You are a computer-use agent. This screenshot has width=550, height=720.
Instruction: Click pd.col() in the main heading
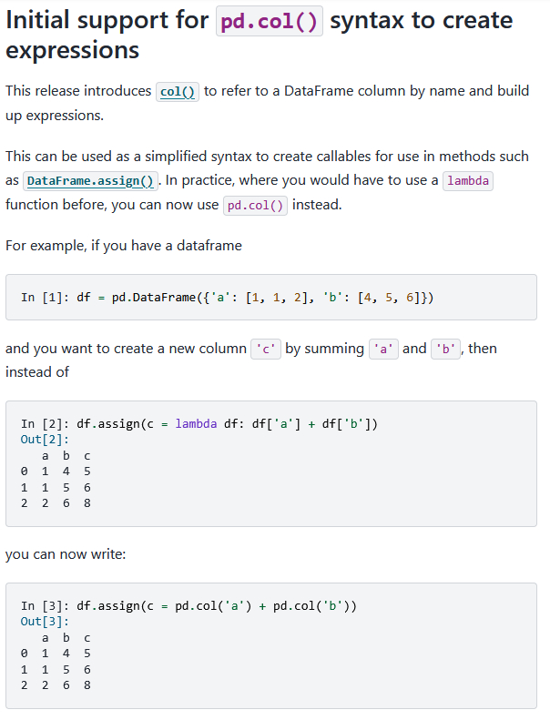270,21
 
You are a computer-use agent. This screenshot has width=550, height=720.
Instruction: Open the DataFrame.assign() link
91,180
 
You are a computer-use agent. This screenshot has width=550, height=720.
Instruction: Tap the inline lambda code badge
468,180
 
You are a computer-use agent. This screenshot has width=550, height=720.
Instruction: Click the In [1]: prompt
41,298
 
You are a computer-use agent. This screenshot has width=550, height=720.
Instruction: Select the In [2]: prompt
41,423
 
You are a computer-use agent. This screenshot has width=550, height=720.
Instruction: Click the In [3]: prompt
41,605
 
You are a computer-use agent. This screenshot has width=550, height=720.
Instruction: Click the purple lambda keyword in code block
195,423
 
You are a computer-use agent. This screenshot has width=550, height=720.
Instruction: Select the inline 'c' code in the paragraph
264,349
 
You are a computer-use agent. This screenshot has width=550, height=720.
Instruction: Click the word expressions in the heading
73,50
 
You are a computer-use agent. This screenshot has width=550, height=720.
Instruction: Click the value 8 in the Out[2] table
87,502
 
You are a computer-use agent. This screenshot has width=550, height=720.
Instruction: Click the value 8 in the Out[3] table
87,685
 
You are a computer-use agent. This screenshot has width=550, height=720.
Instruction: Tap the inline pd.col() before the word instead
256,205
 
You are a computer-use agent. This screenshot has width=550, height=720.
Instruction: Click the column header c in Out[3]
87,637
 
